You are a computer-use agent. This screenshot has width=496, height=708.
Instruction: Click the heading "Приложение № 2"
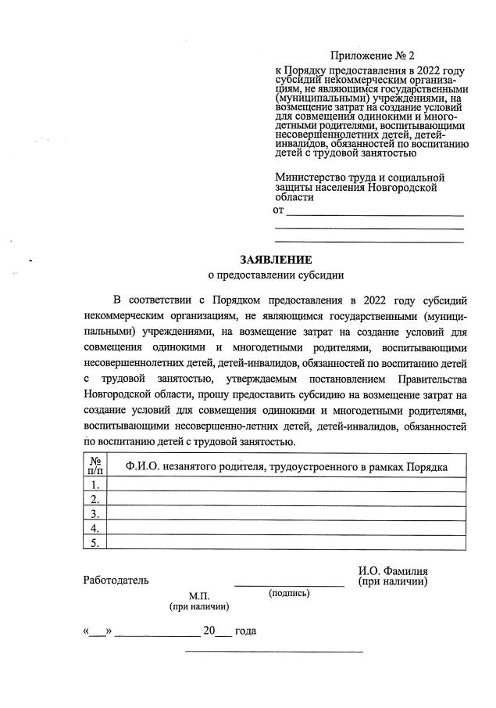(x=373, y=56)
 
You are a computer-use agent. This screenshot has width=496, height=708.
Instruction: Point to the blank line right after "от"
(x=375, y=213)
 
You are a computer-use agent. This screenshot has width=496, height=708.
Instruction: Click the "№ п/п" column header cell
(x=94, y=467)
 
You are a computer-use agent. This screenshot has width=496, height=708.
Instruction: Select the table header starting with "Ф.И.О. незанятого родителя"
(x=286, y=467)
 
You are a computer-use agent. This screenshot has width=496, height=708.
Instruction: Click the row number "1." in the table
(x=94, y=485)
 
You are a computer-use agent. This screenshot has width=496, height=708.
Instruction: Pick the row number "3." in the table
(x=94, y=514)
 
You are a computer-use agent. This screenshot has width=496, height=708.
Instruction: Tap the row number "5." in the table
(x=94, y=542)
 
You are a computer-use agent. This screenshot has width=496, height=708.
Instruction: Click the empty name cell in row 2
(x=286, y=499)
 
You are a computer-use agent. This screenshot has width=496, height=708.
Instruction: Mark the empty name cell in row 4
(x=286, y=528)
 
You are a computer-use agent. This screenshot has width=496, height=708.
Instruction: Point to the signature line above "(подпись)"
(x=289, y=584)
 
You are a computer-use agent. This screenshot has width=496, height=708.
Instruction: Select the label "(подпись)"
(x=289, y=594)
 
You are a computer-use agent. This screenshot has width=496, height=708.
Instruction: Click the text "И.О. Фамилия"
(x=393, y=571)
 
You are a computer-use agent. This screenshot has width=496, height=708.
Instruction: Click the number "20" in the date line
(x=209, y=631)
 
